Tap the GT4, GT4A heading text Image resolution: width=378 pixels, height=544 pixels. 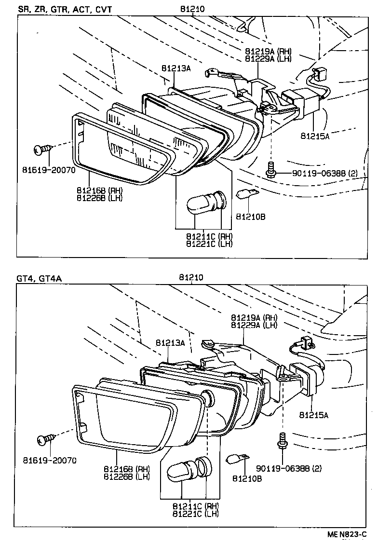click(39, 278)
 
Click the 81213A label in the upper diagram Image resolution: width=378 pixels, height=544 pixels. click(175, 68)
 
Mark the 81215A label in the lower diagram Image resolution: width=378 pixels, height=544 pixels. click(313, 414)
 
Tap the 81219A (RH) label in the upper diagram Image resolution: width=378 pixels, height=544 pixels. click(268, 52)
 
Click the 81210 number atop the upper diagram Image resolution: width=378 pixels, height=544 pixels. click(191, 9)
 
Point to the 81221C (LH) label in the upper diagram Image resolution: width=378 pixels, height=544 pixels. click(209, 244)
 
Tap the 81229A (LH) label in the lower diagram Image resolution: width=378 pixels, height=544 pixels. click(254, 325)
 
